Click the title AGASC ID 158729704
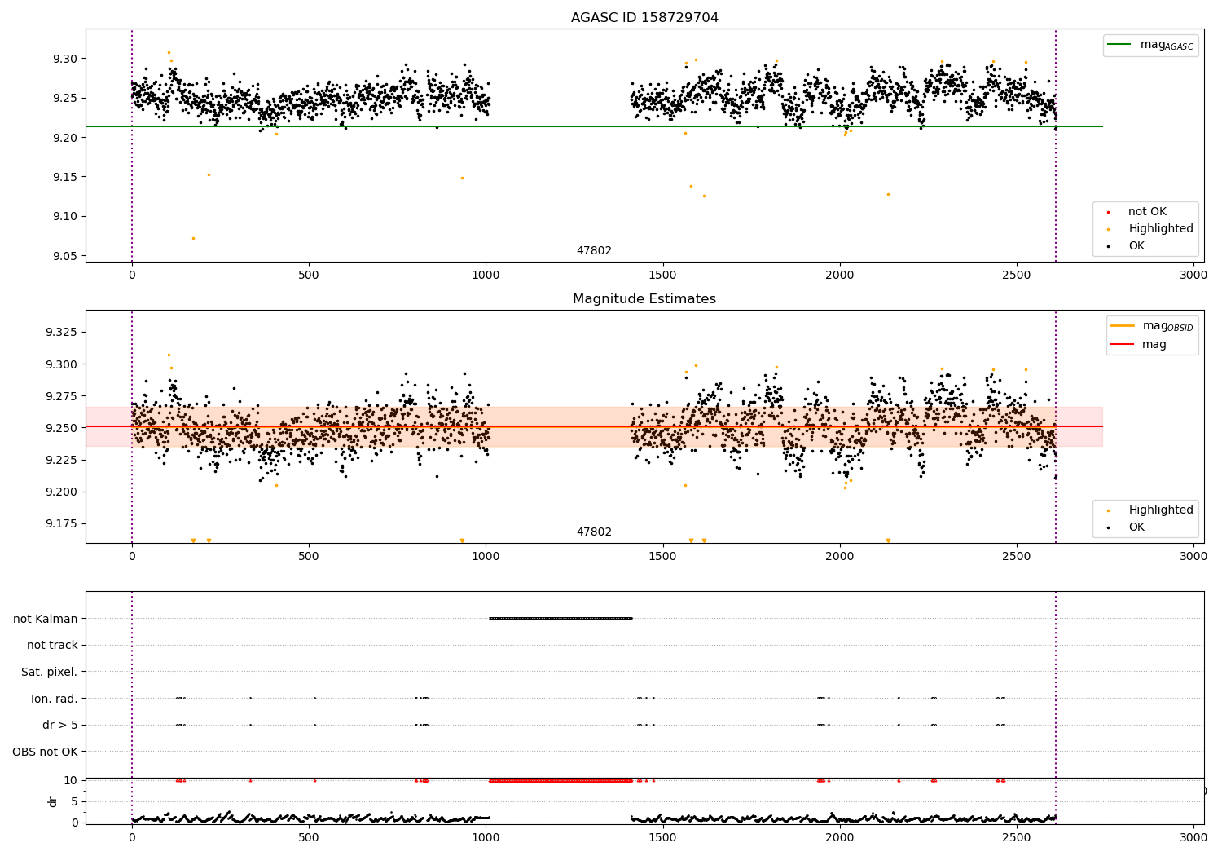click(644, 18)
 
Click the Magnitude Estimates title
click(644, 299)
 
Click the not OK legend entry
click(1147, 212)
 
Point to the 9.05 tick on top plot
click(66, 256)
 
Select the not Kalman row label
click(46, 619)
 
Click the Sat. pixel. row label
click(49, 672)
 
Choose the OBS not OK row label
click(45, 752)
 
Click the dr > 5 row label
click(60, 725)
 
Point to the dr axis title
click(53, 801)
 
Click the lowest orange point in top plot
click(193, 238)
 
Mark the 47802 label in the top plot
click(594, 251)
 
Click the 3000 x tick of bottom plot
click(1193, 836)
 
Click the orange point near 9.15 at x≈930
click(462, 178)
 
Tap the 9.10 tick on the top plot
click(66, 216)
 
